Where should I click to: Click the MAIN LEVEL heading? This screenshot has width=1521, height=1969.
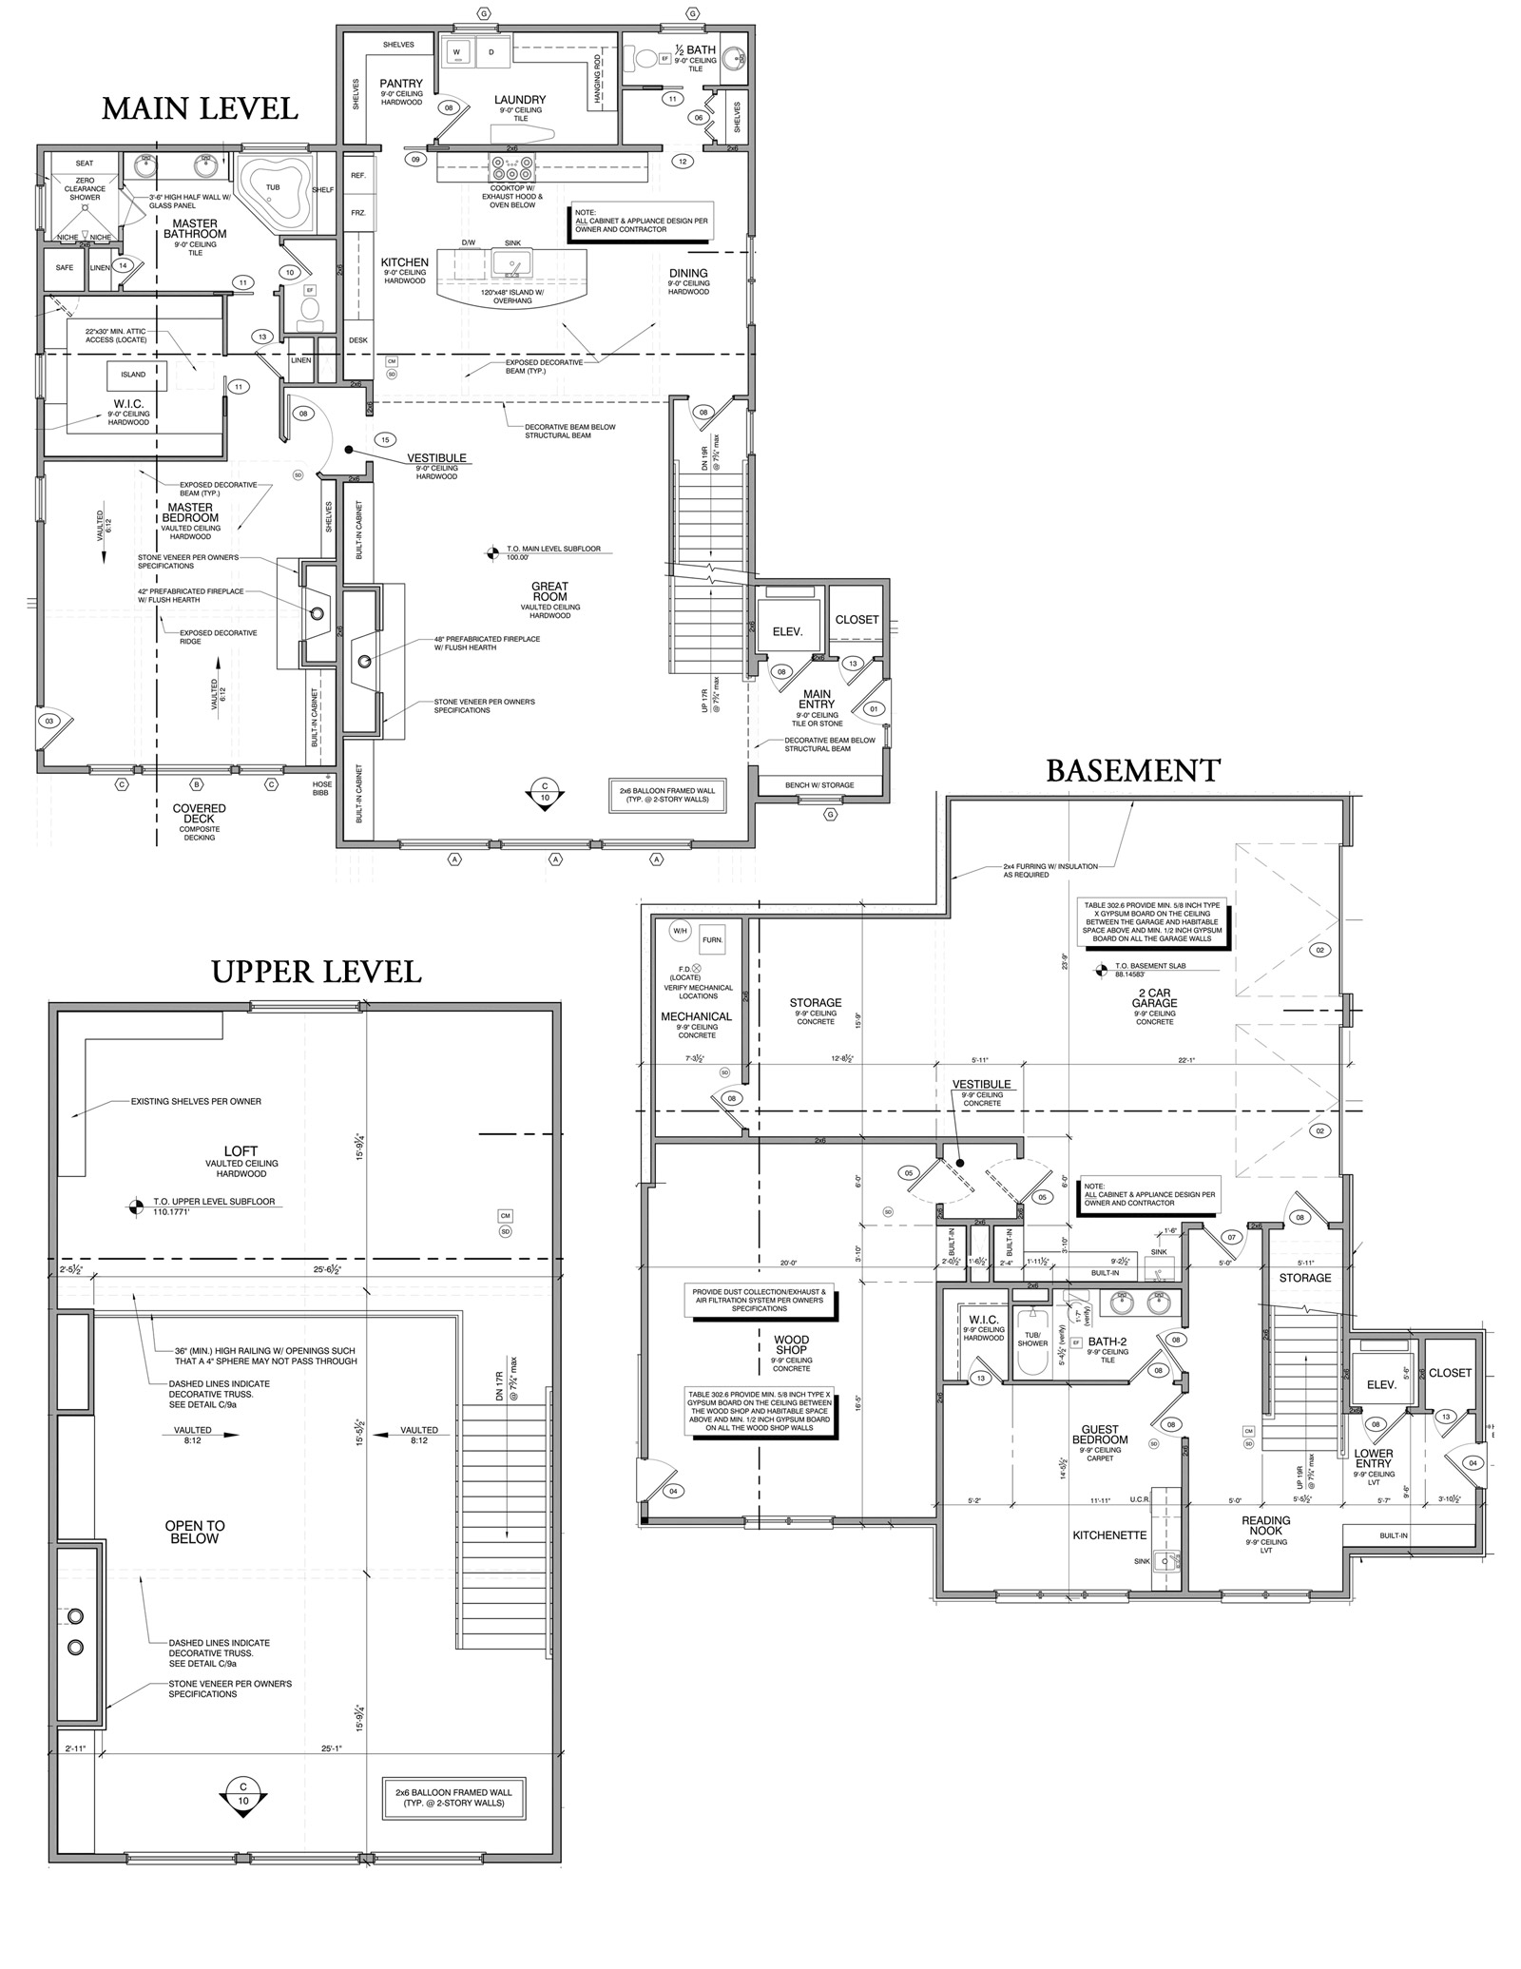[200, 108]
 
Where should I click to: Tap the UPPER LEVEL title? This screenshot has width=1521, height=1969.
[316, 971]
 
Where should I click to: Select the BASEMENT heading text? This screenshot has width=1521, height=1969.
[1133, 770]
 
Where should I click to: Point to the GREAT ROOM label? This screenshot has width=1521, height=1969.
[549, 592]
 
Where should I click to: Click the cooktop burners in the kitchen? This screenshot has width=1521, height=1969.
[511, 169]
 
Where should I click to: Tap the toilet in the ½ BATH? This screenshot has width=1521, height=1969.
[645, 59]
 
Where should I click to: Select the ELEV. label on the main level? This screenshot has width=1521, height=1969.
[787, 631]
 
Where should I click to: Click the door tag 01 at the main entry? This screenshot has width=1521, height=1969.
[874, 708]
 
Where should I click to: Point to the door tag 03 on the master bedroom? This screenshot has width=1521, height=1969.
[49, 722]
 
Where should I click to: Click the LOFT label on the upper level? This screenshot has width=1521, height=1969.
[241, 1150]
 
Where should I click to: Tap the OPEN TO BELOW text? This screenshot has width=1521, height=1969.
[194, 1532]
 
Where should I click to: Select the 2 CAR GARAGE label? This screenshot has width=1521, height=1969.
[1154, 997]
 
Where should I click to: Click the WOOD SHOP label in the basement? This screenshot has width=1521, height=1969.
[791, 1344]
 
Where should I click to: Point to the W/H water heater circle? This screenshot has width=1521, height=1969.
[680, 930]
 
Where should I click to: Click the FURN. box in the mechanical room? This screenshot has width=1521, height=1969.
[712, 939]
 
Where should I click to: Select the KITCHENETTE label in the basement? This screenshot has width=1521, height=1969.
[1109, 1535]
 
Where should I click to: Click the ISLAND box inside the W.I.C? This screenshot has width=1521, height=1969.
[133, 375]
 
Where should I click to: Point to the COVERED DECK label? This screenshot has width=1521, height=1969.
[199, 814]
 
